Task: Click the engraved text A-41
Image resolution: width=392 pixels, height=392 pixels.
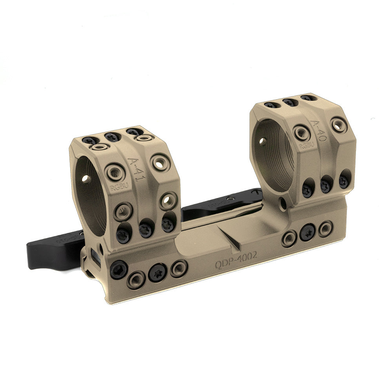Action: [134, 169]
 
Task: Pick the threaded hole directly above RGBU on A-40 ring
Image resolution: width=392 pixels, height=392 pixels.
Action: [302, 132]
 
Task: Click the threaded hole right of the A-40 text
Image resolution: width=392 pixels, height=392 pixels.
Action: [338, 125]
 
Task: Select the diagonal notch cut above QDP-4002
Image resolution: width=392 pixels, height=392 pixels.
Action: [232, 239]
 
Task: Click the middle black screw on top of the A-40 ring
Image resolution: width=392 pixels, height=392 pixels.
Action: [290, 102]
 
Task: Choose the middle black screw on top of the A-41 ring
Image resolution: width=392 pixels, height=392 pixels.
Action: [113, 137]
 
